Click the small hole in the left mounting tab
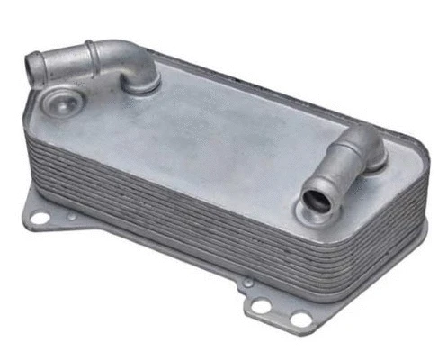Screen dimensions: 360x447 [72, 217]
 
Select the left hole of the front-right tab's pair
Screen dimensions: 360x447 [262, 307]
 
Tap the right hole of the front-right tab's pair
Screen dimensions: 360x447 [300, 319]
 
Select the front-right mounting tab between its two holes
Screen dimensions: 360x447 [282, 312]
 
